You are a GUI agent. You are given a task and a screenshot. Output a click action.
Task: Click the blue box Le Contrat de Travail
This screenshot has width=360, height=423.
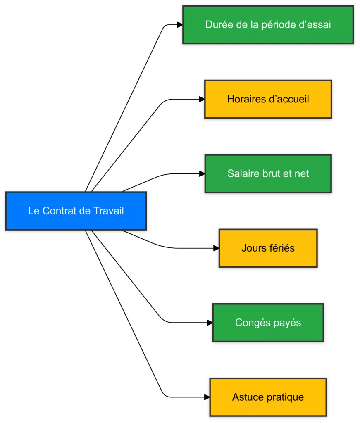76,211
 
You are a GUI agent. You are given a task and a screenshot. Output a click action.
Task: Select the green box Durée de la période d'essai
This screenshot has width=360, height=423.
268,24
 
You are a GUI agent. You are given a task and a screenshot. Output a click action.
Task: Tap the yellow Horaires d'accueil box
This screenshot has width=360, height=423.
268,99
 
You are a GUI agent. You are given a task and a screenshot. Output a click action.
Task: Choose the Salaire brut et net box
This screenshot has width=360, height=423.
268,173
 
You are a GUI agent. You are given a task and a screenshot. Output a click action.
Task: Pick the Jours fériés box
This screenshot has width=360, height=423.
268,248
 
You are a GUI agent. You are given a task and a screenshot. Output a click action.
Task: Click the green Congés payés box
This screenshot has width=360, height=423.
268,323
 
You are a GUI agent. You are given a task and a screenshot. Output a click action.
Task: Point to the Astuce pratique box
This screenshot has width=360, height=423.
268,397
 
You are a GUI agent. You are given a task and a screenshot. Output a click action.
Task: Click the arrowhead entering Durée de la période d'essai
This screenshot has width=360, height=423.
180,25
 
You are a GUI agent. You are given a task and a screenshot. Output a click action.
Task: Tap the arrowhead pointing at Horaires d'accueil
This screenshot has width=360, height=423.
202,99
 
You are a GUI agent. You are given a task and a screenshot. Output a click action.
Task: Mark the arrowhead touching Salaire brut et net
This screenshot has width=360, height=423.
202,174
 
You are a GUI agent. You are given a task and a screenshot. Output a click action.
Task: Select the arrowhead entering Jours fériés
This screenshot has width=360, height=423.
216,248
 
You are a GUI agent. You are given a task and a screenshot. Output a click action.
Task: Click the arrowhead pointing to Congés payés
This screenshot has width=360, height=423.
210,323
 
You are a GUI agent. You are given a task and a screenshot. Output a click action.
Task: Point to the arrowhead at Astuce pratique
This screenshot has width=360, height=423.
207,397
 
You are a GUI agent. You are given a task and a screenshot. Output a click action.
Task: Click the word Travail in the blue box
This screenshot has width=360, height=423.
109,211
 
